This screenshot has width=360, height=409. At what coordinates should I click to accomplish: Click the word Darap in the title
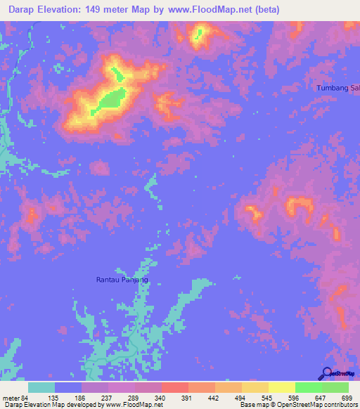coord(26,10)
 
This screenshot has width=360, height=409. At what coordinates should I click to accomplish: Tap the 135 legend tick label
coord(55,397)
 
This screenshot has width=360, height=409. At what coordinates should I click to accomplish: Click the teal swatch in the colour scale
coord(41,387)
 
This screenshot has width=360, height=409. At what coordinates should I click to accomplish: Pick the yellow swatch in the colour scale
coord(282,387)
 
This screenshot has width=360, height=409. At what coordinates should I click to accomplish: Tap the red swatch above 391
coord(175,387)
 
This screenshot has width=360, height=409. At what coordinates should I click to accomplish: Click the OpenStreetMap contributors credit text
coord(317,405)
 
